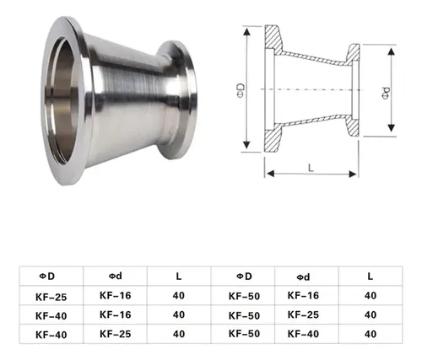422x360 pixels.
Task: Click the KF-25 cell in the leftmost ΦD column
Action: (x=51, y=297)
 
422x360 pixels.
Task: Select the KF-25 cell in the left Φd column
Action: (x=116, y=334)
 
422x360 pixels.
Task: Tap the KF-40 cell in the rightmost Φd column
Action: (x=303, y=334)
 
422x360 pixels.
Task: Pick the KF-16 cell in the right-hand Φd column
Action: (x=303, y=295)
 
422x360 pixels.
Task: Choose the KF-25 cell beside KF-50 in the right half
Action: (x=303, y=314)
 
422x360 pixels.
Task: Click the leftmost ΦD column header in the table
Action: (x=47, y=277)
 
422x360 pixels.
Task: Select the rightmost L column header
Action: (x=371, y=277)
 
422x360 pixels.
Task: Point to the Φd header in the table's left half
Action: (x=116, y=277)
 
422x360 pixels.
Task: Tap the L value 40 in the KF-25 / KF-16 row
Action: (x=179, y=296)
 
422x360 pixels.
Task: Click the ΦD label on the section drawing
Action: (x=241, y=90)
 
